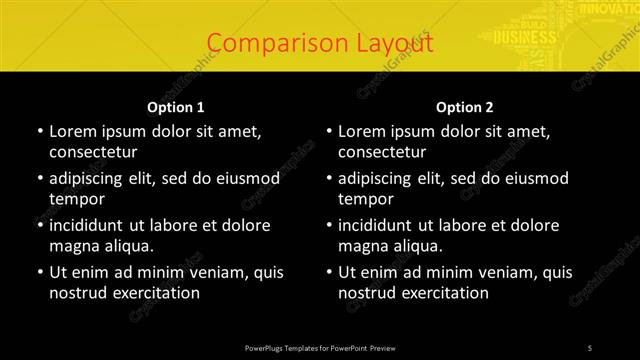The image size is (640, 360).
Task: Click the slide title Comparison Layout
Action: point(320,44)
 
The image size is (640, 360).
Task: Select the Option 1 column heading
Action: point(176,107)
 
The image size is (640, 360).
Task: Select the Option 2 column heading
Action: point(465,107)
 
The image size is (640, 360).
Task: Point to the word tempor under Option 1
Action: point(77,198)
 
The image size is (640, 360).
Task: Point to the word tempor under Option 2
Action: point(366,198)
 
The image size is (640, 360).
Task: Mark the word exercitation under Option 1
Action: point(154,293)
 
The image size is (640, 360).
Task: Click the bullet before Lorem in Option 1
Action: point(39,131)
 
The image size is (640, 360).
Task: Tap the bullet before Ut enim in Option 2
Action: point(328,272)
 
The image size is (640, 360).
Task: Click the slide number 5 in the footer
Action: point(590,346)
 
